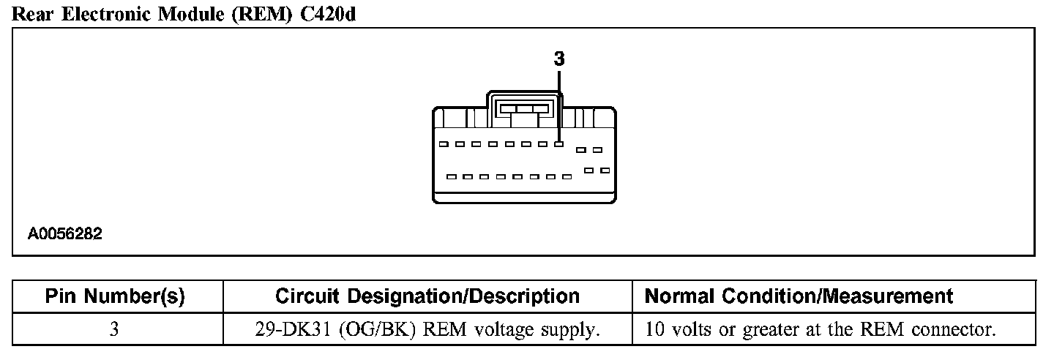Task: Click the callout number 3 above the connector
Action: [x=559, y=59]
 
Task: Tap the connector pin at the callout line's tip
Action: [x=558, y=144]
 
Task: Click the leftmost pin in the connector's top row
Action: [x=442, y=144]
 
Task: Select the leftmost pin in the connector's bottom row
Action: [x=451, y=176]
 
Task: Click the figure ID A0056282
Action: [x=65, y=234]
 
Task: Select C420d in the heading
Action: [x=328, y=15]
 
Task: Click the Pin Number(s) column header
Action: [x=115, y=296]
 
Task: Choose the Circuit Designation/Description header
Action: [x=427, y=296]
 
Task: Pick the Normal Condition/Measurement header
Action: [x=799, y=296]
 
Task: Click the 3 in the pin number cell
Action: [x=114, y=330]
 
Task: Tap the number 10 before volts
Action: [x=654, y=330]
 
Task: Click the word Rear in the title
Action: [x=32, y=15]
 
